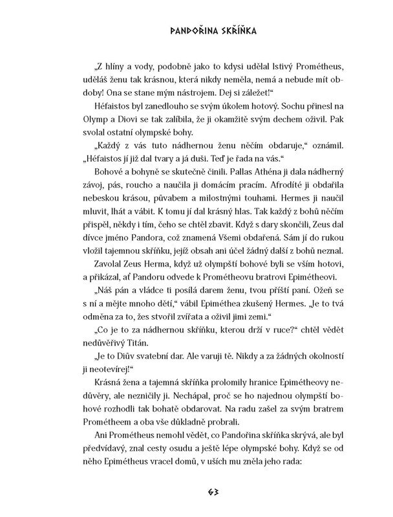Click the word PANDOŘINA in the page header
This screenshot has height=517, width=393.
point(170,30)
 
